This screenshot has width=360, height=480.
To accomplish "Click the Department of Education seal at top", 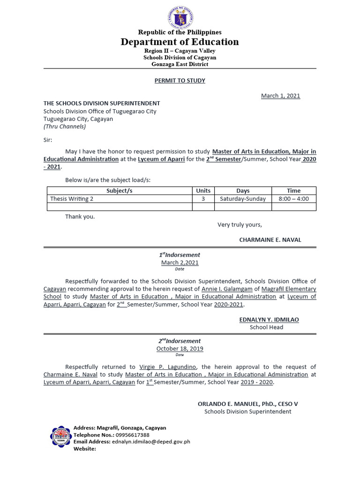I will click(x=180, y=18).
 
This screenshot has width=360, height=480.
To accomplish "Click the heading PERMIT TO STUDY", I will click(x=180, y=81).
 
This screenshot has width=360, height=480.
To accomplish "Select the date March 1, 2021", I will click(x=280, y=96).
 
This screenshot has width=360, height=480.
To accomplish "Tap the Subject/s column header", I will click(x=120, y=191).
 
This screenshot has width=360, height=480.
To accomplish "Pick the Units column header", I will click(x=203, y=191).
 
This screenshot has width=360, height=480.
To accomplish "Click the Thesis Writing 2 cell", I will click(x=72, y=199).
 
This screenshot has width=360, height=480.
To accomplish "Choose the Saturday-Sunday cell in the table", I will click(x=243, y=199).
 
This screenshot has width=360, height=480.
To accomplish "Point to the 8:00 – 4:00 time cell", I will click(x=293, y=199).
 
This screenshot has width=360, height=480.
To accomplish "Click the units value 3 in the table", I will click(x=203, y=199).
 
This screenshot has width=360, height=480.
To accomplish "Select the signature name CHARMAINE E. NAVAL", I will click(x=270, y=240).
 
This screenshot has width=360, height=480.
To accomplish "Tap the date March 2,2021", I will click(x=180, y=262).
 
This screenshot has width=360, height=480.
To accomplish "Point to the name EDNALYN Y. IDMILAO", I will click(x=269, y=320).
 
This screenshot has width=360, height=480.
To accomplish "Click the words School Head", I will click(x=266, y=327).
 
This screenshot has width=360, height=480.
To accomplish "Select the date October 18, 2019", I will click(x=180, y=349).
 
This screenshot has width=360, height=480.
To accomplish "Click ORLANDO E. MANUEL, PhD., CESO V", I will click(x=247, y=404).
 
